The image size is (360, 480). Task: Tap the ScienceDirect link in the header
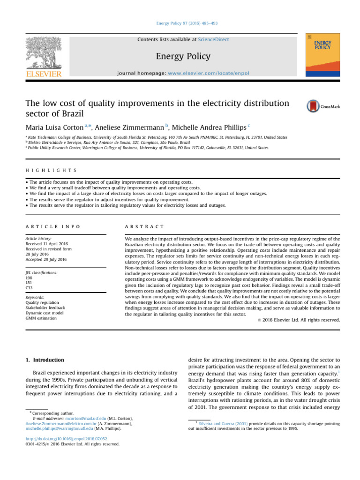point(213,40)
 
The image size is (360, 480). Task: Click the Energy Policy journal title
point(183,57)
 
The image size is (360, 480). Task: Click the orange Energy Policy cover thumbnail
point(322,55)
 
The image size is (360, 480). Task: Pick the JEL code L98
point(29,278)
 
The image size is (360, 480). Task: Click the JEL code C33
point(29,288)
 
